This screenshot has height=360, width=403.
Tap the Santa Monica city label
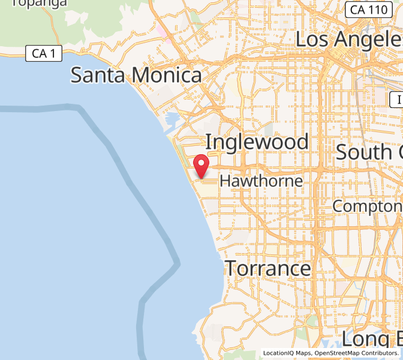136,75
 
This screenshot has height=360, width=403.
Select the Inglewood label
257,142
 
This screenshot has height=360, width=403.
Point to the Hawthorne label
261,181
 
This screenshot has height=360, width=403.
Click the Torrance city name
267,268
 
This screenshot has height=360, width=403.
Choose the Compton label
367,206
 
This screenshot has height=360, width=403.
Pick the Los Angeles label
348,39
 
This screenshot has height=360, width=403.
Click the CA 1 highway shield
44,53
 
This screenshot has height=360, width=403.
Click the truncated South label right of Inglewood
369,152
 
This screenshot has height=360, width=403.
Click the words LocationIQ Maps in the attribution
287,353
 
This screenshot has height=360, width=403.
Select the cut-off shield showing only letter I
396,100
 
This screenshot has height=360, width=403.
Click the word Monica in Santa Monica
167,75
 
